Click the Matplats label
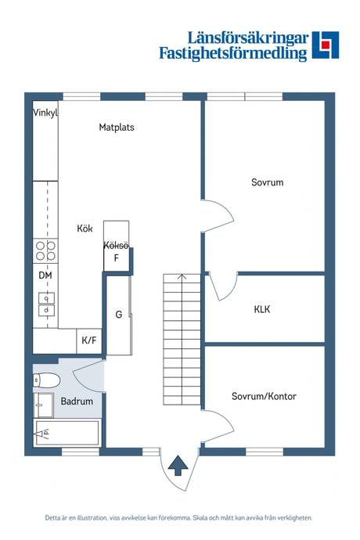coord(117,128)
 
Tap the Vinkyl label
coord(45,113)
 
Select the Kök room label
coord(85,229)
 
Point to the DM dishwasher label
coord(45,275)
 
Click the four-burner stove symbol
coord(45,251)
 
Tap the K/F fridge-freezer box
coord(89,340)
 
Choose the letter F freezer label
coord(117,257)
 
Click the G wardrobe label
coord(118,315)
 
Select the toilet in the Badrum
coord(47,380)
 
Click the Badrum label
coord(77,401)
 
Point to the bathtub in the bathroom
coord(67,433)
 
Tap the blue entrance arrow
coord(178,466)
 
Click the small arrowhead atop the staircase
coord(182,276)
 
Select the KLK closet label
coord(262,309)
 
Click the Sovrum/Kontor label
coord(264,396)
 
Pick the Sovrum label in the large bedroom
coord(268,182)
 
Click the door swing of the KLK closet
coord(225,288)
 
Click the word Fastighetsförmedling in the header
coord(233,53)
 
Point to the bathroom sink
coord(44,405)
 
